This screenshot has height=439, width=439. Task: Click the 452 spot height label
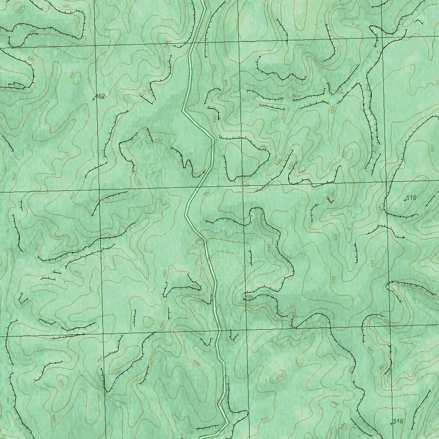click(x=100, y=96)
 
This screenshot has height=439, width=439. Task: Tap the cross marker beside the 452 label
click(x=94, y=99)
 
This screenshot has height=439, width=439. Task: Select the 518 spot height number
click(x=411, y=198)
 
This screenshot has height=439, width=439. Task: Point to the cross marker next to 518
click(x=405, y=200)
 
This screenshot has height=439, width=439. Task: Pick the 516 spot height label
click(x=398, y=421)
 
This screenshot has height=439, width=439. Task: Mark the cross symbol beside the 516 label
click(x=391, y=424)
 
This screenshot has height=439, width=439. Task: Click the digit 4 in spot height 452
click(x=96, y=96)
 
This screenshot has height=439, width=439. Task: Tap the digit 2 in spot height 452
click(x=103, y=96)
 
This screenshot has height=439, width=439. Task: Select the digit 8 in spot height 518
click(x=415, y=198)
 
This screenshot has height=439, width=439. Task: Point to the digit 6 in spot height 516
click(x=401, y=421)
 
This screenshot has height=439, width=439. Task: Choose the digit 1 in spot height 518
click(x=411, y=198)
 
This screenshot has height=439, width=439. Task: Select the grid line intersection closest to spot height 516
click(x=392, y=327)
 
